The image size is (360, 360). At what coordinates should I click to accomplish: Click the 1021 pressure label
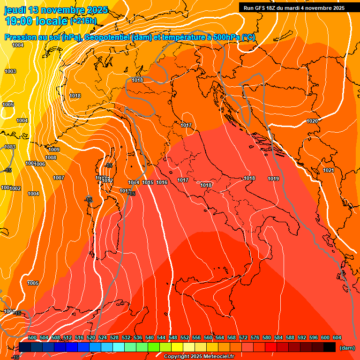(x=329, y=170)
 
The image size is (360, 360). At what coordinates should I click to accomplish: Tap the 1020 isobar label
(x=312, y=121)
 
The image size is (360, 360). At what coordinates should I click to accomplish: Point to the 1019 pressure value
(x=273, y=179)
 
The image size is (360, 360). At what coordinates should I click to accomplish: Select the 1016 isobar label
(x=162, y=182)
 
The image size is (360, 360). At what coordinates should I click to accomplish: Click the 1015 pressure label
(x=148, y=182)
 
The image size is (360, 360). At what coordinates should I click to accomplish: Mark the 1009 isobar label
(x=54, y=150)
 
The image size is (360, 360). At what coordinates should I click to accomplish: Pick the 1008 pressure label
(x=51, y=157)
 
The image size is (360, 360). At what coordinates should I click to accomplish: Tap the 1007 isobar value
(x=59, y=178)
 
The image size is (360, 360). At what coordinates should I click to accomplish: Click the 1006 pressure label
(x=40, y=164)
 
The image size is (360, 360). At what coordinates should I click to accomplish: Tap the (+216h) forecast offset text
(x=83, y=21)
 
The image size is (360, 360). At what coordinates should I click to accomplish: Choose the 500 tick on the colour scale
(x=32, y=337)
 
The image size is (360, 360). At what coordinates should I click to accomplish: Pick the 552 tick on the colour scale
(x=185, y=337)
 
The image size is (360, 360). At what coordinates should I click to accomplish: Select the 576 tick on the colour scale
(x=255, y=337)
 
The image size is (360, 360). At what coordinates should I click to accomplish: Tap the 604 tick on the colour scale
(x=337, y=337)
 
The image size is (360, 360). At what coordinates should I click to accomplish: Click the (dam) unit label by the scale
(x=346, y=348)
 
